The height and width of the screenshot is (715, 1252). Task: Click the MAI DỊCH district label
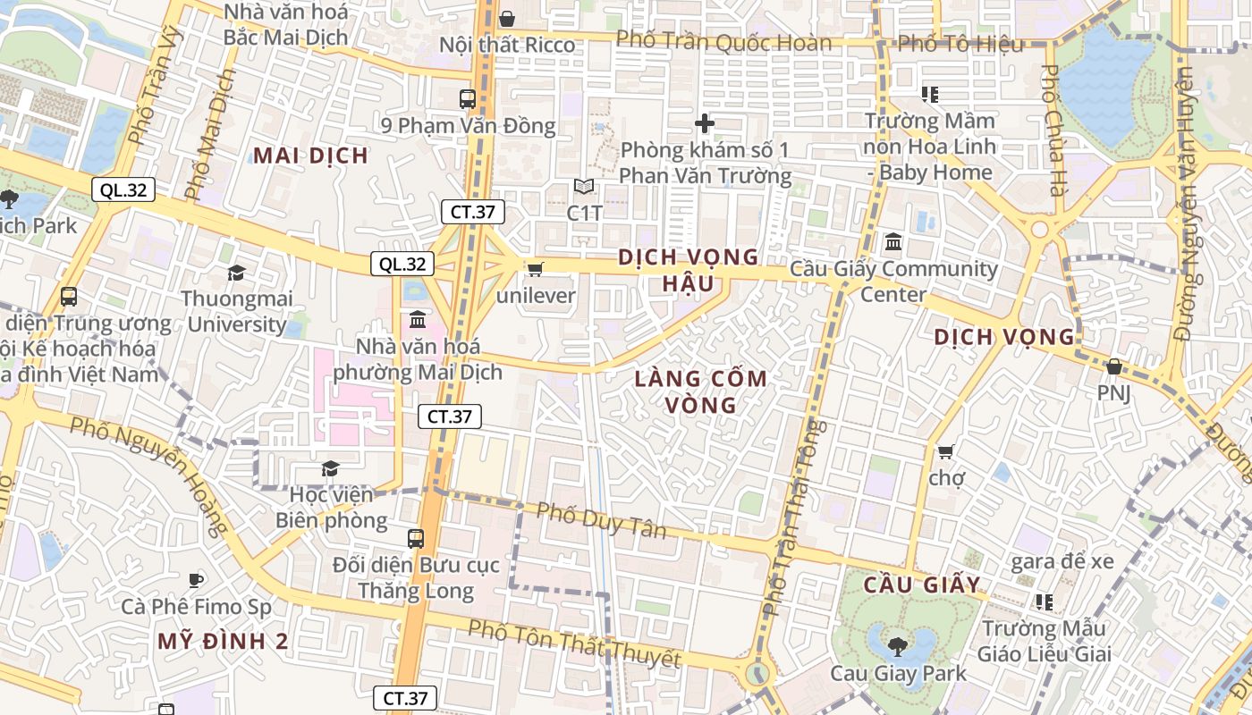pos(310,156)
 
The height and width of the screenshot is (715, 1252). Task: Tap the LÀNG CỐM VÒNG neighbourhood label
pos(701,391)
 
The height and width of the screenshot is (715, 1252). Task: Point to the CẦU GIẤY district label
pos(922,585)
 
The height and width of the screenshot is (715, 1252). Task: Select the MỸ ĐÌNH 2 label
pos(223,641)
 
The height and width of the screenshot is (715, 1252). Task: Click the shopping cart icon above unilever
pos(535,269)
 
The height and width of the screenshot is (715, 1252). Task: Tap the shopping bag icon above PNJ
pos(1113,366)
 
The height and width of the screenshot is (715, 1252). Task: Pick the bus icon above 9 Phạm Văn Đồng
pos(468,99)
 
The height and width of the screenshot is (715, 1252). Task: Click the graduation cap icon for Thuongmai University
pos(236,273)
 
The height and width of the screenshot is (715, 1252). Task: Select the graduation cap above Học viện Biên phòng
pos(330,468)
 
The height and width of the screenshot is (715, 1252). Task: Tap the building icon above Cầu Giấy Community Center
pos(892,242)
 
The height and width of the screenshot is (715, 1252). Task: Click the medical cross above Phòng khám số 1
pos(705,123)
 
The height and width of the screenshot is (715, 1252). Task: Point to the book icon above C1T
pos(584,187)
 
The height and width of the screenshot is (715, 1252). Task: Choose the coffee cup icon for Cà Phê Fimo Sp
pos(196,580)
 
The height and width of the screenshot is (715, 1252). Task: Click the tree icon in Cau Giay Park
pos(898,645)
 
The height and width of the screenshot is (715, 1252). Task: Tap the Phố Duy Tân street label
pos(601,520)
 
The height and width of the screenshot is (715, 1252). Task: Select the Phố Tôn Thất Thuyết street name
pos(573,643)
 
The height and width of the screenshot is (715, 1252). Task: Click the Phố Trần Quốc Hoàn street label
pos(723,42)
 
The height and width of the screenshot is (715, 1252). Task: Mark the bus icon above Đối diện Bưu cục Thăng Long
pos(416,538)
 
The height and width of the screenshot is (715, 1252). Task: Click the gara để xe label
pos(1062,561)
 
